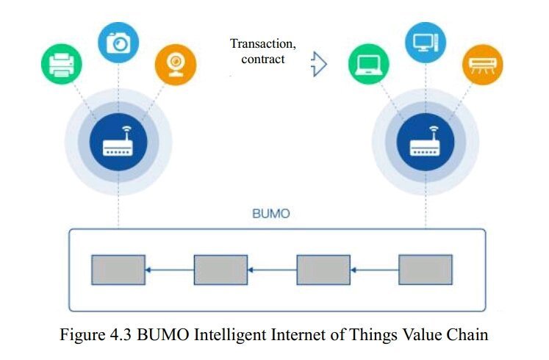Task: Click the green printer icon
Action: coord(62,65)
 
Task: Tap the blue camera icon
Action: coord(118,43)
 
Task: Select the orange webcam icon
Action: coord(176,65)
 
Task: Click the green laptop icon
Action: coord(369,65)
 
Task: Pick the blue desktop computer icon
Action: coord(426,43)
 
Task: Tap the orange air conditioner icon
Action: coord(482,65)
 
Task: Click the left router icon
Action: coord(118,142)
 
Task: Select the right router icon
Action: coord(426,142)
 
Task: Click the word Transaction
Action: coord(262,44)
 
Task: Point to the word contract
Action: coord(263,59)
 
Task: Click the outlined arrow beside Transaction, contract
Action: coord(319,64)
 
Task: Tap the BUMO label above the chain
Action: coord(271,213)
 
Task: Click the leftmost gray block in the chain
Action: coord(118,270)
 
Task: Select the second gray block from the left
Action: coord(220,270)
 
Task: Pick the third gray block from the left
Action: coord(323,270)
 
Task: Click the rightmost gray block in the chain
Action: coord(426,270)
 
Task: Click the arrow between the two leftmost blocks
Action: coord(170,270)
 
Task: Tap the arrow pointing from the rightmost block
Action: coord(375,270)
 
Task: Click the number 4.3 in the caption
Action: coord(121,335)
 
